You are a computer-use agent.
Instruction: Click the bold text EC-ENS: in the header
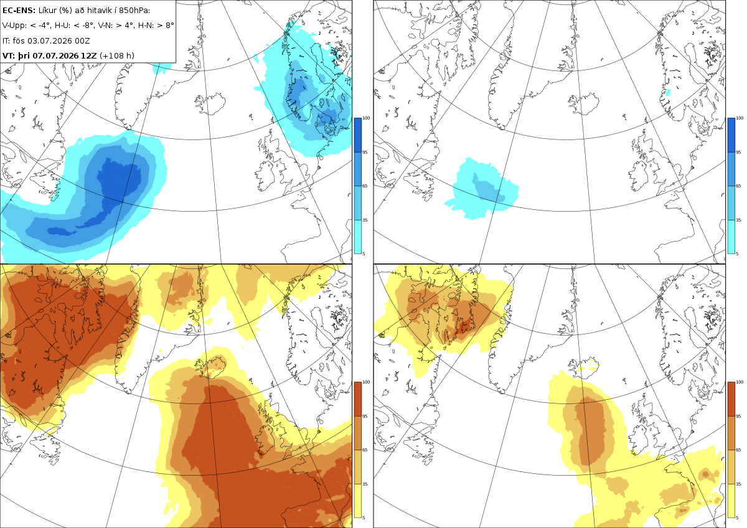(19, 11)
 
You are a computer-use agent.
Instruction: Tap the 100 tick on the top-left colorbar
(366, 118)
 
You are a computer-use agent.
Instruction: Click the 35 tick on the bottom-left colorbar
(365, 484)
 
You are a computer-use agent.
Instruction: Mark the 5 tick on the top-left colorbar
(364, 253)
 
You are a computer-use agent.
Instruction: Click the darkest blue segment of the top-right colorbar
(731, 135)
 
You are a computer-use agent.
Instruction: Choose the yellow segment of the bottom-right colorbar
(731, 501)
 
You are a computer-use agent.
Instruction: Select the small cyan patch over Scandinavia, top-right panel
(667, 92)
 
